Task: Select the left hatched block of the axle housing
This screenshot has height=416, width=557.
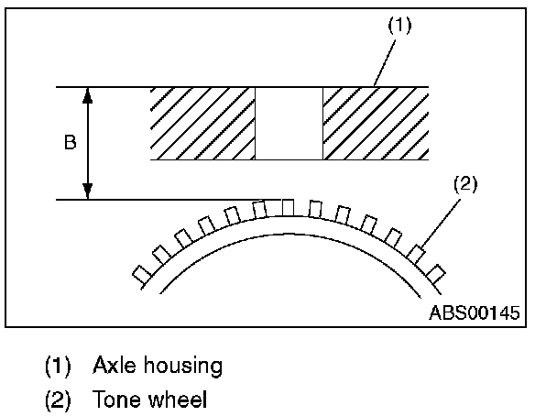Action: click(x=202, y=124)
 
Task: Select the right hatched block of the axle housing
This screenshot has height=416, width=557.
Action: click(x=376, y=124)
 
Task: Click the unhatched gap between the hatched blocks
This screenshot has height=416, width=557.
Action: click(x=289, y=124)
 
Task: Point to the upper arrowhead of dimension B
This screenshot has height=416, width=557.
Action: click(x=88, y=93)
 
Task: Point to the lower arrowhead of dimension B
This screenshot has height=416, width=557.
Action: click(x=88, y=192)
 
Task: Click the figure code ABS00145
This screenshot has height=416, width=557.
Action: click(x=475, y=312)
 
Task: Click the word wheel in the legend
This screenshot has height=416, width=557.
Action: click(x=178, y=400)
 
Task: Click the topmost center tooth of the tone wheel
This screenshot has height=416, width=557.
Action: click(x=288, y=206)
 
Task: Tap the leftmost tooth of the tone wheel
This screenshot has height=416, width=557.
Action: click(x=142, y=273)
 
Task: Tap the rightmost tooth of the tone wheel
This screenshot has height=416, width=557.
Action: click(x=436, y=273)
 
